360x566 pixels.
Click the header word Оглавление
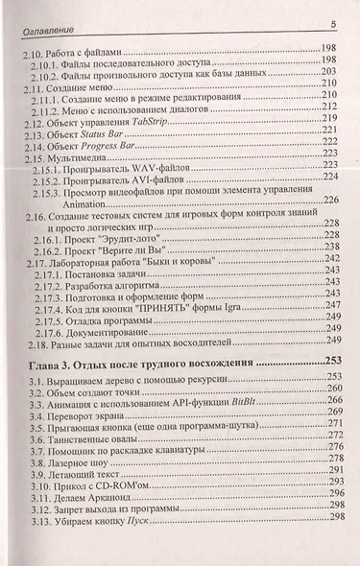pos(46,24)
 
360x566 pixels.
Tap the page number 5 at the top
pos(330,23)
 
